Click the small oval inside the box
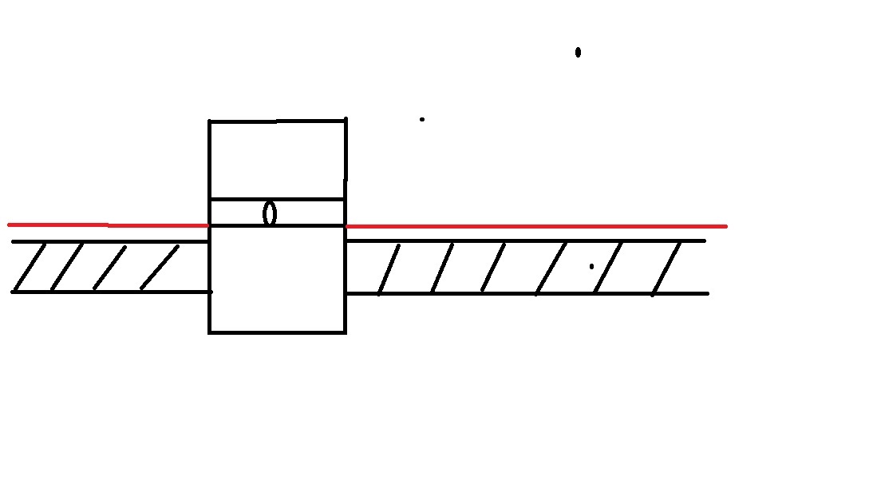[x=270, y=213]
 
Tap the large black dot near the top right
[x=578, y=53]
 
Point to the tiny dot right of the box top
[x=422, y=120]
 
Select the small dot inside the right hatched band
[x=591, y=266]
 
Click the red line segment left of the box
[x=108, y=225]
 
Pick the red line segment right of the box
[x=535, y=226]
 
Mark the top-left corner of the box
[x=210, y=121]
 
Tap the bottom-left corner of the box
[x=210, y=331]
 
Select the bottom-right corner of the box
[x=345, y=331]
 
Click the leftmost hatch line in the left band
[x=30, y=267]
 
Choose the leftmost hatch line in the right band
[x=389, y=269]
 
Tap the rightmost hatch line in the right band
[x=666, y=269]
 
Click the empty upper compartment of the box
[x=277, y=160]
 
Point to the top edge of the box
[x=277, y=121]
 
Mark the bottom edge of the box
[x=277, y=331]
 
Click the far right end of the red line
[x=725, y=226]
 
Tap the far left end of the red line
[x=10, y=225]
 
